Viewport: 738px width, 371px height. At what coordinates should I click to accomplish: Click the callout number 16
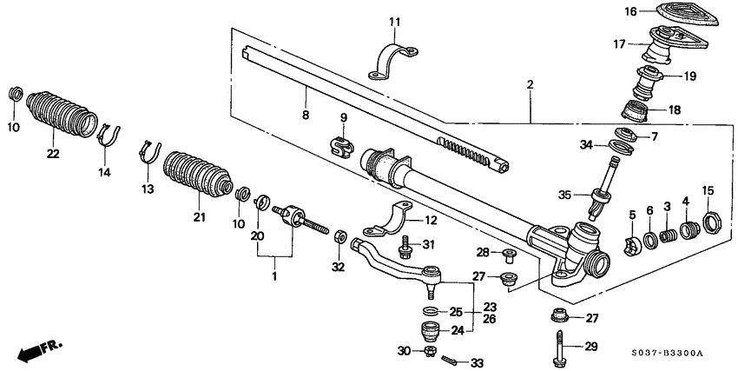[631, 11]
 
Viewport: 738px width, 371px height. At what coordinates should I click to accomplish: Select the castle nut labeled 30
[428, 352]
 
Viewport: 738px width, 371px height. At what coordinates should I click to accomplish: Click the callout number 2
[530, 85]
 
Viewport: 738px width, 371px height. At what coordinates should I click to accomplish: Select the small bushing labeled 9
[342, 144]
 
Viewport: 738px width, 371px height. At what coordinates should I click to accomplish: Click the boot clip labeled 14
[109, 136]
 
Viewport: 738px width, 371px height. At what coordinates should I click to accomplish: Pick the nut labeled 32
[341, 236]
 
